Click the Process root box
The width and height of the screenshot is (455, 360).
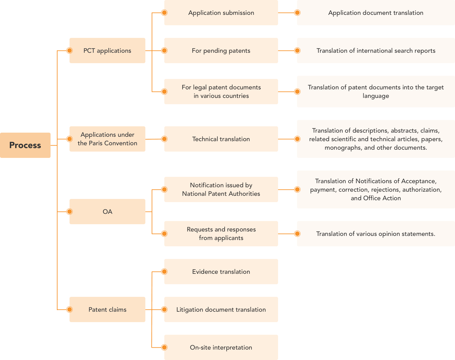[25, 145]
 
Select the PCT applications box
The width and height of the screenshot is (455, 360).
[107, 51]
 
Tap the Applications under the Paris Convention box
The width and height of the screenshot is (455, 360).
[107, 139]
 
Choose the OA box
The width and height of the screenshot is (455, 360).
[107, 212]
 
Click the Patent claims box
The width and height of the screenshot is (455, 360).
[107, 309]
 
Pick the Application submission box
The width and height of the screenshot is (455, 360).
[221, 13]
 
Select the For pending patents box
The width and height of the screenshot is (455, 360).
[221, 51]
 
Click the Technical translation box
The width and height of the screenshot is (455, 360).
[221, 139]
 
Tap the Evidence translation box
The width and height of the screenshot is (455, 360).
[221, 272]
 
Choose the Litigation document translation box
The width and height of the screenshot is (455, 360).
[221, 309]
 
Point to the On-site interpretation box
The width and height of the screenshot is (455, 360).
[221, 347]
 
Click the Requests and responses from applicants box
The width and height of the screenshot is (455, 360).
[221, 234]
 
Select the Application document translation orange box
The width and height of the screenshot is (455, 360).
[376, 13]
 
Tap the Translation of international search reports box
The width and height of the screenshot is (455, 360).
[376, 51]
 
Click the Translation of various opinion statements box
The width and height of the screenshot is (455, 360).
[376, 234]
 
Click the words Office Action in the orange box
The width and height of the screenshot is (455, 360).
[382, 198]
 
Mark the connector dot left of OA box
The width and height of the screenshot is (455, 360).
[69, 212]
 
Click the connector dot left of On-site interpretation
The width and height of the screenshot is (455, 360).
[164, 347]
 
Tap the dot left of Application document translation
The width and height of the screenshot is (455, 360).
[297, 13]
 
